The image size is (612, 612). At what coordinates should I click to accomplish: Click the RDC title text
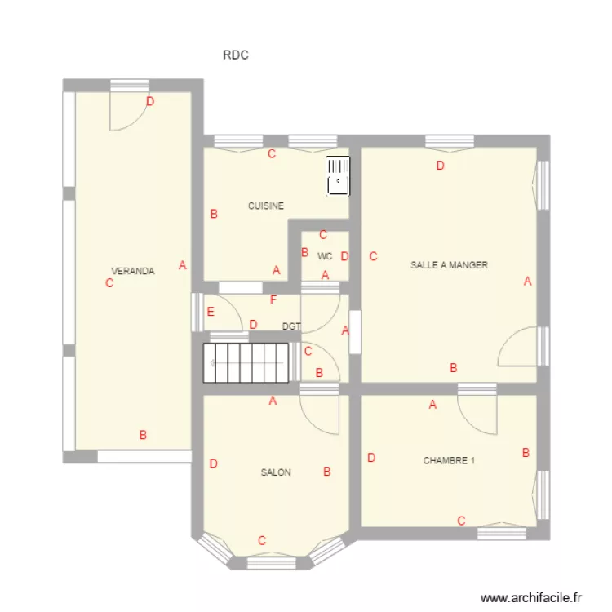[235, 55]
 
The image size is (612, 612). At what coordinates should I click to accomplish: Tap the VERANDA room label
[133, 272]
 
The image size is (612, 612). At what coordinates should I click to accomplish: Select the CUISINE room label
[266, 206]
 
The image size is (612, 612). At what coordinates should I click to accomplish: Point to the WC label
[325, 256]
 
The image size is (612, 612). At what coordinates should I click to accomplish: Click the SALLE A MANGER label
[450, 265]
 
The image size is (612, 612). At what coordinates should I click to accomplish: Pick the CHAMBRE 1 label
[449, 461]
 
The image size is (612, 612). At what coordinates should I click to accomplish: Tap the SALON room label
[276, 472]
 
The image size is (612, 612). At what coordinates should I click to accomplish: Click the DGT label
[291, 326]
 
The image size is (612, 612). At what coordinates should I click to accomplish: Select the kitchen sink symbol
[337, 176]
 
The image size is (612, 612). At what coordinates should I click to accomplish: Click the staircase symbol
[246, 362]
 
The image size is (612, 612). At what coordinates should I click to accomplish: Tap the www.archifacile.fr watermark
[534, 597]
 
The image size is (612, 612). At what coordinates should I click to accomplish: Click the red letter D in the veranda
[150, 102]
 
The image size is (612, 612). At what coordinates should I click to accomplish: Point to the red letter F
[273, 299]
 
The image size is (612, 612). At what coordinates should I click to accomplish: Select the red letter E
[211, 311]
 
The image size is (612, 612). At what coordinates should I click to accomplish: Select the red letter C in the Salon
[262, 540]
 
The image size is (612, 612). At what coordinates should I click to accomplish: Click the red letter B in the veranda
[143, 435]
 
